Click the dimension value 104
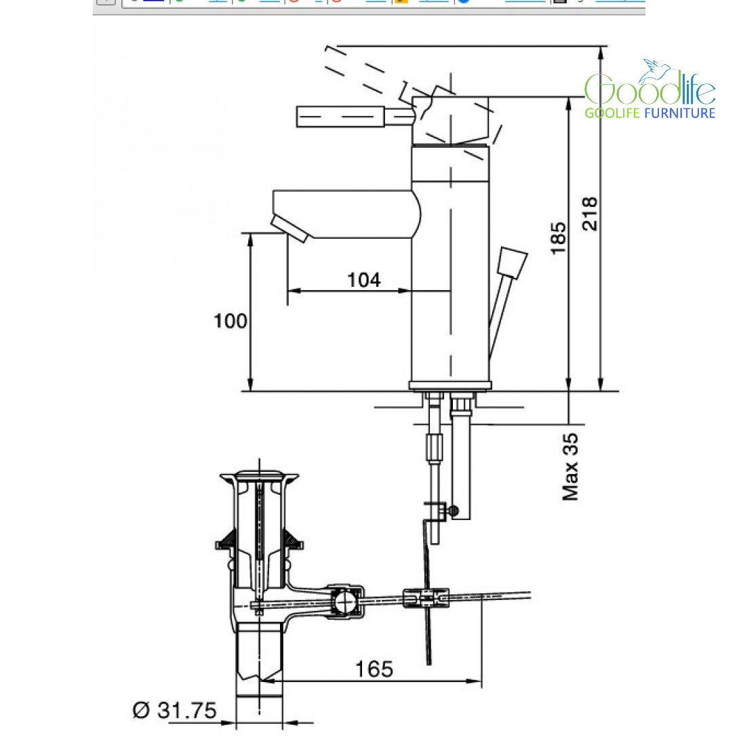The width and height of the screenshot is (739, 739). (364, 280)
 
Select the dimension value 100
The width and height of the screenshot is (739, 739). (230, 321)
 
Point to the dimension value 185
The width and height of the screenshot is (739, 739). (559, 239)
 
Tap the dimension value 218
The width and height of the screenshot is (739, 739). (590, 214)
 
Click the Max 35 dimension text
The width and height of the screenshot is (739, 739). (570, 467)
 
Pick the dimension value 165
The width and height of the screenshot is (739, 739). (374, 669)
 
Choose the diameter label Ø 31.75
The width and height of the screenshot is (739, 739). (174, 711)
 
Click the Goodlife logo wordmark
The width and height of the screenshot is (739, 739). (650, 88)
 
